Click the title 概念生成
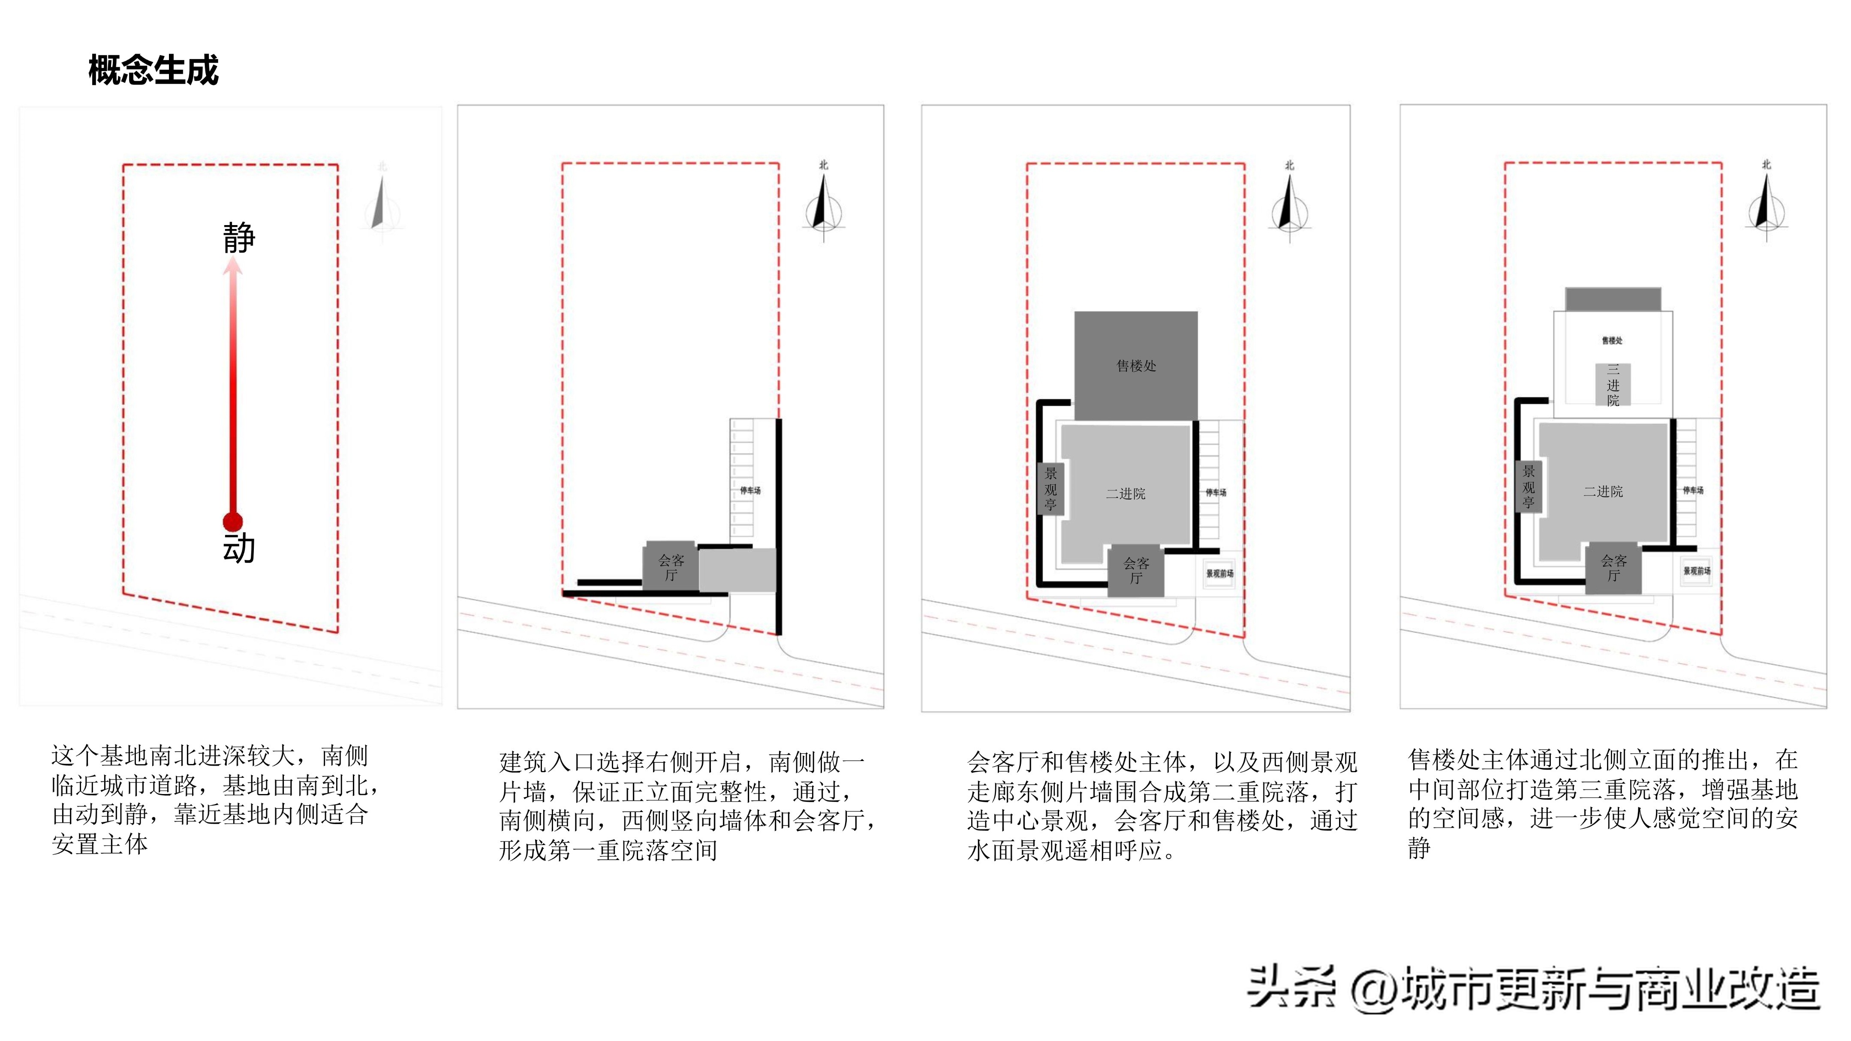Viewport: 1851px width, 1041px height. tap(153, 70)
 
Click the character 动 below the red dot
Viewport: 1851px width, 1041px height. tap(238, 548)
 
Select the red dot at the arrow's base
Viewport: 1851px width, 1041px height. tap(232, 522)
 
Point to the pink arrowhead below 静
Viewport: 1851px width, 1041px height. tap(232, 267)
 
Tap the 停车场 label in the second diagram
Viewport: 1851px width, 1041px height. tap(750, 490)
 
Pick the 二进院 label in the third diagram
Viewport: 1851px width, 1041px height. tap(1125, 493)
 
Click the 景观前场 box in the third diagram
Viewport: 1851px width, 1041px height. tap(1219, 573)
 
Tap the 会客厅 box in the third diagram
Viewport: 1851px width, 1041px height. tap(1135, 570)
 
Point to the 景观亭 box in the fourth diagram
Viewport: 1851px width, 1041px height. tap(1529, 486)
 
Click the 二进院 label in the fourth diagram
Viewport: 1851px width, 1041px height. tap(1603, 491)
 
